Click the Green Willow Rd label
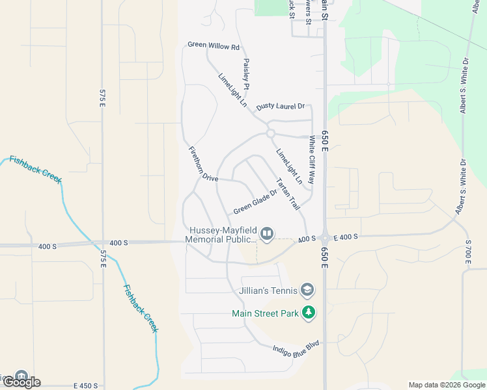pyautogui.click(x=214, y=46)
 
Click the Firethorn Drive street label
pyautogui.click(x=202, y=164)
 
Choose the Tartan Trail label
pyautogui.click(x=287, y=194)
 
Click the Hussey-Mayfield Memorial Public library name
pyautogui.click(x=221, y=235)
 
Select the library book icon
pyautogui.click(x=267, y=233)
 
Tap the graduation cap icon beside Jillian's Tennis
pyautogui.click(x=308, y=290)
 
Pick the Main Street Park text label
pyautogui.click(x=265, y=313)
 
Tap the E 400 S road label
pyautogui.click(x=344, y=237)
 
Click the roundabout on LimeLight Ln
pyautogui.click(x=270, y=133)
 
